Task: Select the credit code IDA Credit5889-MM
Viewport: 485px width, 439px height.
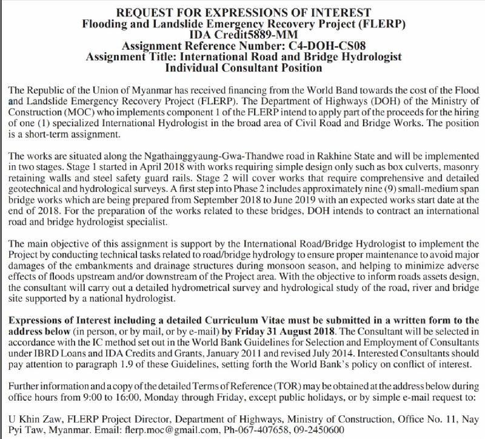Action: pyautogui.click(x=242, y=35)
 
